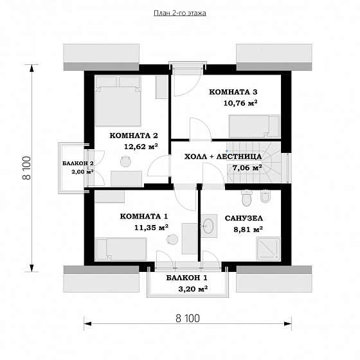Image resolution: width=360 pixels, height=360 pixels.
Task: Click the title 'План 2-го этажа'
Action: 180,13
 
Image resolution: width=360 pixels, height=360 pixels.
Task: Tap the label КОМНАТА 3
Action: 233,92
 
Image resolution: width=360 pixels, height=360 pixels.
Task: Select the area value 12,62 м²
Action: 141,147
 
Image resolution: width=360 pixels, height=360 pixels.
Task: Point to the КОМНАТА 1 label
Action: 144,217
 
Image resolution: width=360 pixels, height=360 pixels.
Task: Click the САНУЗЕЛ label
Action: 244,219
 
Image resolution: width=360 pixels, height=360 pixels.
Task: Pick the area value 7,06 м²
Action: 248,168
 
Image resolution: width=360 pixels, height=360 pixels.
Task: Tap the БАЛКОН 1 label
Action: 186,278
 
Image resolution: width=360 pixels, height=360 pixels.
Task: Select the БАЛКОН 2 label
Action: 78,163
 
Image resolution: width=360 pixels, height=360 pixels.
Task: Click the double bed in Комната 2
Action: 118,102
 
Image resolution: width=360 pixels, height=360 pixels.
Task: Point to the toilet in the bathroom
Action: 247,198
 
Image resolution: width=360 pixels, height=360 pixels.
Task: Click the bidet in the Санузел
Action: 266,197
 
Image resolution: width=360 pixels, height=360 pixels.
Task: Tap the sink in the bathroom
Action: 208,226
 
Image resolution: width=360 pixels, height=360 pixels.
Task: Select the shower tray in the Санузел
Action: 268,249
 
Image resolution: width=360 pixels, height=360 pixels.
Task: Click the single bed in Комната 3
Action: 255,127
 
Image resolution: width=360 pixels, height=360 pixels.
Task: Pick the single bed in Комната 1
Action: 121,249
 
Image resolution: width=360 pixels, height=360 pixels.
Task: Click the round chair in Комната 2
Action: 125,161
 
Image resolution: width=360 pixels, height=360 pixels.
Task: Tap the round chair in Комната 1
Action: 172,239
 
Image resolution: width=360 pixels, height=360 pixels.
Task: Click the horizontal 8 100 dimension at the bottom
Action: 188,318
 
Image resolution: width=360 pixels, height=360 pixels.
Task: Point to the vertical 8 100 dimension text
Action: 26,168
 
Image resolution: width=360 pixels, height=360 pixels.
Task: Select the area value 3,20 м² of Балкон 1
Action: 193,289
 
